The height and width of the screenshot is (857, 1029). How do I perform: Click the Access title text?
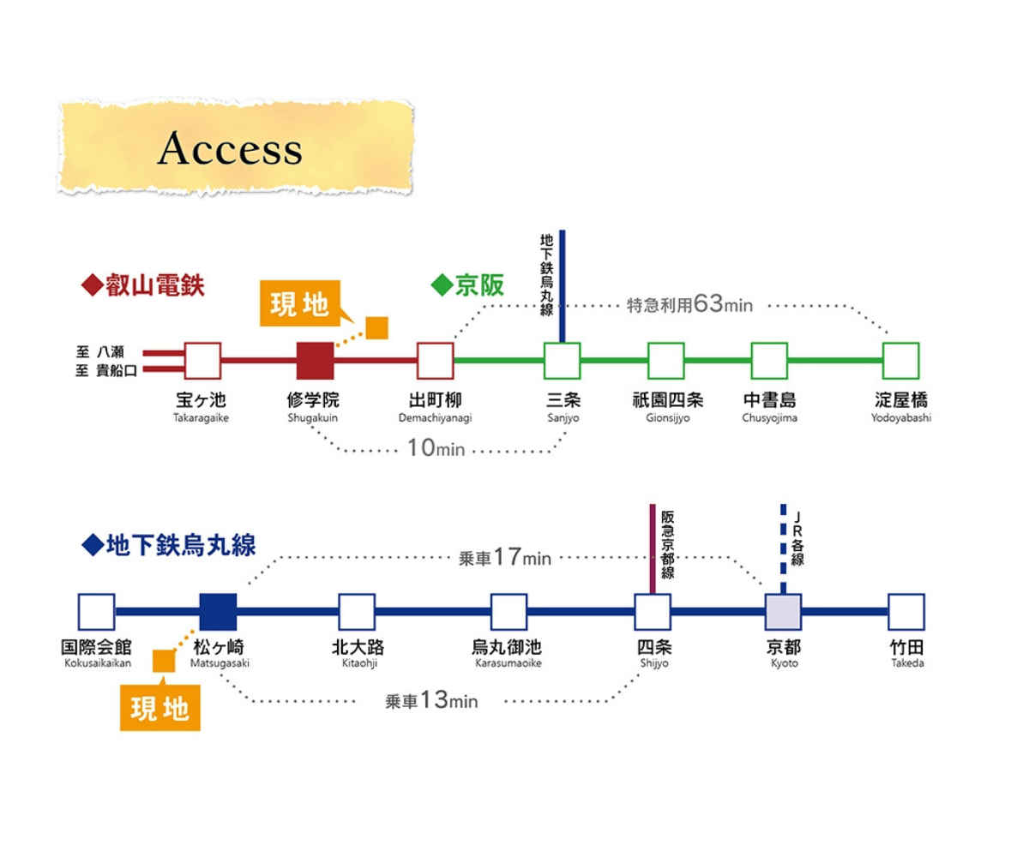click(230, 149)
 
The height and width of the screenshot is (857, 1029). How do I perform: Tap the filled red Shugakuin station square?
click(315, 361)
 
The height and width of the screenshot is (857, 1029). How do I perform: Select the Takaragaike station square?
click(202, 361)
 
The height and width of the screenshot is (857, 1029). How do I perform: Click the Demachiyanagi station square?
click(435, 361)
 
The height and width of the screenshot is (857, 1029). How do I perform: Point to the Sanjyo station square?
click(562, 361)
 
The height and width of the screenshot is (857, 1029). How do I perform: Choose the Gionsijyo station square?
click(665, 361)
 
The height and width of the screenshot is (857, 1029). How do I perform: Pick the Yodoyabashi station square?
click(900, 361)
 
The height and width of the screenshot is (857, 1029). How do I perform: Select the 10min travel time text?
click(436, 447)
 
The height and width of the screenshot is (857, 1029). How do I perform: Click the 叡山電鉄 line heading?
click(143, 285)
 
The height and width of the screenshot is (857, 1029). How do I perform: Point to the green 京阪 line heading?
click(468, 285)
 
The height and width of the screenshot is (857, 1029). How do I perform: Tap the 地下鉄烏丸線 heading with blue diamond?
click(169, 545)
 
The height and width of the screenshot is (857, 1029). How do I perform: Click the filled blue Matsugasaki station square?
click(218, 612)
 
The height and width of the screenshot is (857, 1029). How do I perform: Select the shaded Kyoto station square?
click(782, 612)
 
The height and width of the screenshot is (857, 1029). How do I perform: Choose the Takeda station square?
click(906, 612)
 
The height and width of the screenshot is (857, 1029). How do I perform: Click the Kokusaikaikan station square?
click(96, 612)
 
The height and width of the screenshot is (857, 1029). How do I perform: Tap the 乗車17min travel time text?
click(505, 558)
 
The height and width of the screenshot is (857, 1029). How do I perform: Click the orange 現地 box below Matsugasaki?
click(160, 709)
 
